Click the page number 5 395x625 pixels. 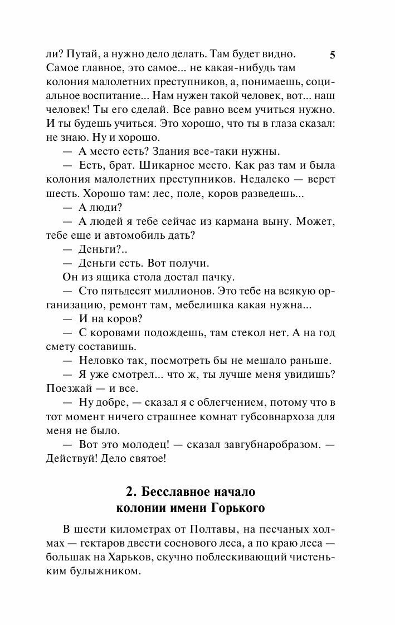pyautogui.click(x=333, y=55)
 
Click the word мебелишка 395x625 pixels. pyautogui.click(x=212, y=305)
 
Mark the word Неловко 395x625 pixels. pyautogui.click(x=100, y=361)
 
